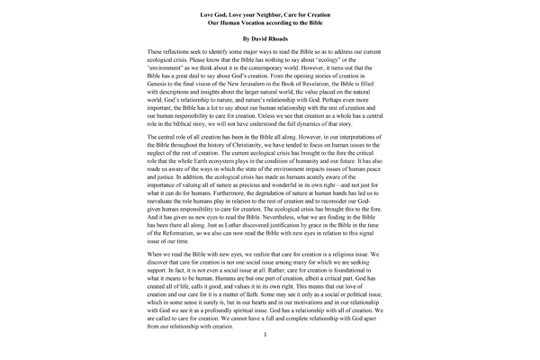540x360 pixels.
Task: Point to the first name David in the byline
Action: tap(260, 40)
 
